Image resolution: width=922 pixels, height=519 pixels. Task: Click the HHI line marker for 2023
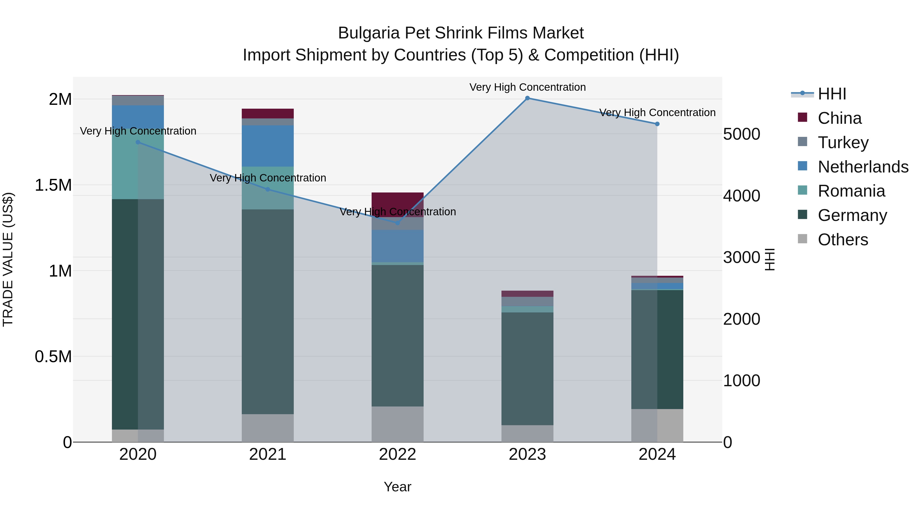click(527, 98)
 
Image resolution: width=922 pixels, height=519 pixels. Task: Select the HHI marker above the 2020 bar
click(138, 142)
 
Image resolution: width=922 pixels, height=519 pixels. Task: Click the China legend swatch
click(802, 117)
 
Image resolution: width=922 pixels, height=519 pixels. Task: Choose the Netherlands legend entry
click(863, 167)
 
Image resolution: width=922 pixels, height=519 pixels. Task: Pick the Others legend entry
click(843, 240)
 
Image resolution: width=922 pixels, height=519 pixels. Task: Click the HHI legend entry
click(832, 94)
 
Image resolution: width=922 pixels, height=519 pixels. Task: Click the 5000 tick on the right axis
click(741, 134)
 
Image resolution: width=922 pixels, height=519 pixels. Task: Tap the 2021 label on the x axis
click(268, 454)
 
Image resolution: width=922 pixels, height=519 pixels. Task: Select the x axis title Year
click(397, 487)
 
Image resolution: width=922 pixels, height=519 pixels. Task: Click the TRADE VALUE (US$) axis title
click(8, 259)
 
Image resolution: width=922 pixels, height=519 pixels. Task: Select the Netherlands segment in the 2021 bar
click(268, 146)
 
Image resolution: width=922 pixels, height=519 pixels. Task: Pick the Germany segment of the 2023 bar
click(527, 369)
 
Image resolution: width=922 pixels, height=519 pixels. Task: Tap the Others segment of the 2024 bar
click(657, 425)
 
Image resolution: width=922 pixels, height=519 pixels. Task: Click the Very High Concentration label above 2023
click(527, 87)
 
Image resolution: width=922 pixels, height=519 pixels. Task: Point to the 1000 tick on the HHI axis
click(741, 381)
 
